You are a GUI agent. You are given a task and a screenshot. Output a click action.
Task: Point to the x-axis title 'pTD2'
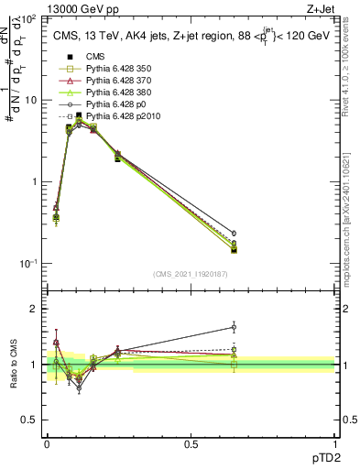[321, 454]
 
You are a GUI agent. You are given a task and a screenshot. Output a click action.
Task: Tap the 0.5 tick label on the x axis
[191, 443]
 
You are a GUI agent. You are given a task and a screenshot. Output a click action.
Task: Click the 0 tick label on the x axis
[47, 443]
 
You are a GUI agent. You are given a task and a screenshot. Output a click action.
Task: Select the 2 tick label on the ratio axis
[34, 309]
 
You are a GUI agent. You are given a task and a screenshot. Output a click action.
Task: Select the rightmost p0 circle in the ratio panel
[234, 327]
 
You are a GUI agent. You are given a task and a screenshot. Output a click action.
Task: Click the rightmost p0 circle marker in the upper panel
[234, 234]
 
